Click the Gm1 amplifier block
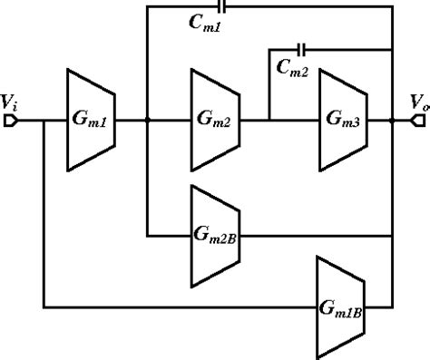tap(90, 119)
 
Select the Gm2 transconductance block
tap(214, 119)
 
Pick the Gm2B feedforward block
tap(214, 234)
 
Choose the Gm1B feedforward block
tap(341, 306)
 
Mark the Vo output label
tap(417, 102)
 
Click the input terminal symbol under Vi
tap(8, 119)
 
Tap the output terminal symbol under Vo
tap(420, 119)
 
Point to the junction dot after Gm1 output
tap(147, 119)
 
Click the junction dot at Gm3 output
tap(390, 119)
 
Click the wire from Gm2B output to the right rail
tap(313, 234)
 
